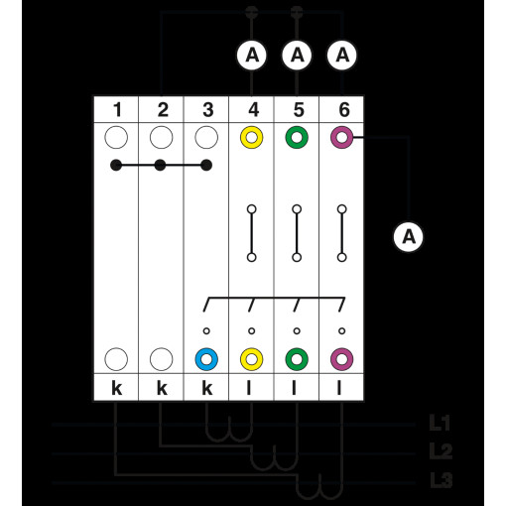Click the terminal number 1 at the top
click(117, 110)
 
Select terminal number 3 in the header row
click(208, 110)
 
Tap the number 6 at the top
click(344, 110)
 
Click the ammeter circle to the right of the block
click(409, 237)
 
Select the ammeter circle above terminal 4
click(252, 55)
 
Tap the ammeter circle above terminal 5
click(297, 55)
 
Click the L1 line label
click(440, 423)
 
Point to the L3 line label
click(441, 480)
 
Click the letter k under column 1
click(117, 387)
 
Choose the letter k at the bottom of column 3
click(207, 387)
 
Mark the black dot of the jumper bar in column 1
click(116, 165)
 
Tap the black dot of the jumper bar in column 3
click(206, 165)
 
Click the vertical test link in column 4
click(252, 233)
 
